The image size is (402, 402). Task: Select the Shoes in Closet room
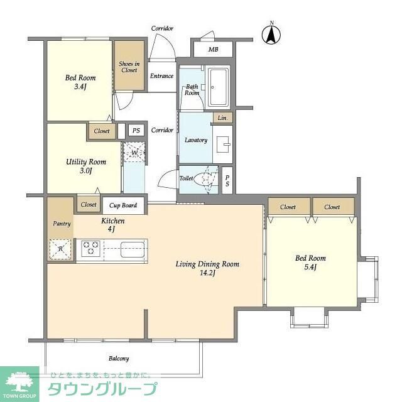click(x=129, y=66)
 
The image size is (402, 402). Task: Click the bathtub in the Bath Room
click(x=219, y=87)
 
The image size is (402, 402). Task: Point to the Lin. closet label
click(x=222, y=118)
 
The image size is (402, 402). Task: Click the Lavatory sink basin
click(x=223, y=144)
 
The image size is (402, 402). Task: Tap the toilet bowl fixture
click(x=205, y=179)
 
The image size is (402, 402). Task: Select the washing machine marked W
click(x=134, y=152)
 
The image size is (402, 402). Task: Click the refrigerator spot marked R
click(x=61, y=249)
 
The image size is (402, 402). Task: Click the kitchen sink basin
click(x=132, y=247)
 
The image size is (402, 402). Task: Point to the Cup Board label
click(x=123, y=205)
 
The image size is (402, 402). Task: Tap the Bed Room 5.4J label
click(x=310, y=263)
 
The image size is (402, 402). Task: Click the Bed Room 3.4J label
click(x=80, y=83)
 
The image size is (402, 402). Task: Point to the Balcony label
click(x=118, y=359)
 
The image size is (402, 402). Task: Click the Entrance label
click(x=161, y=77)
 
